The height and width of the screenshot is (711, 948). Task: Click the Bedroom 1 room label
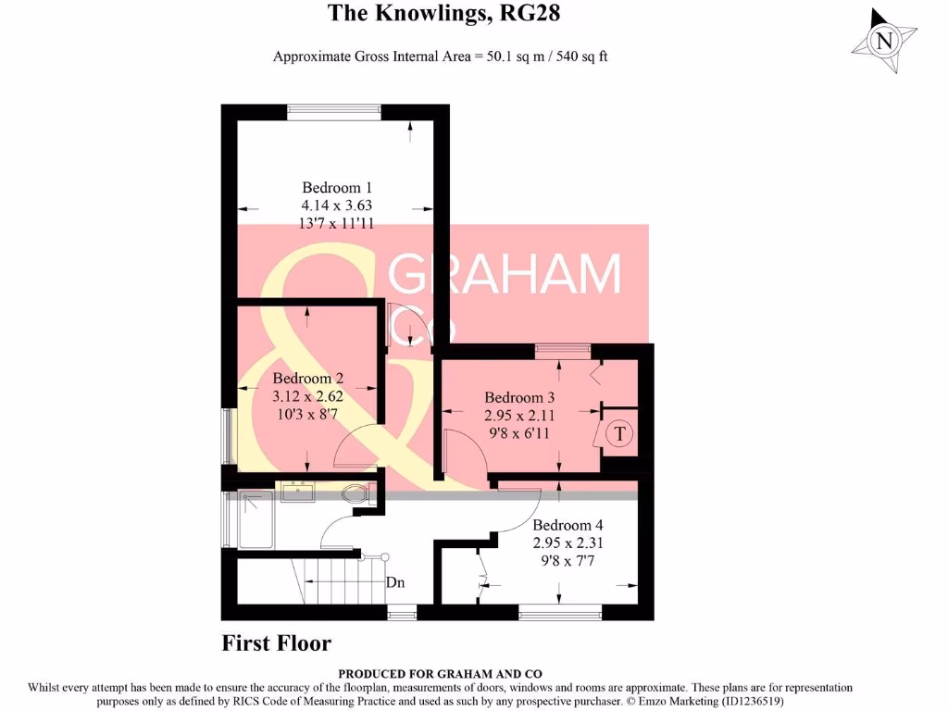(x=337, y=188)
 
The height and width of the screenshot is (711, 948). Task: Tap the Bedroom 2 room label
(x=308, y=379)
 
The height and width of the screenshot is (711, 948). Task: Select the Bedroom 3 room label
(x=519, y=398)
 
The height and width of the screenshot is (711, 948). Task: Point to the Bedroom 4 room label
(x=568, y=524)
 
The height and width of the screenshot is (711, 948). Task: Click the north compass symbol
(x=885, y=41)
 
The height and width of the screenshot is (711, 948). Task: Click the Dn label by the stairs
(x=396, y=583)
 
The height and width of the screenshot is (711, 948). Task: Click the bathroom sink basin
(x=296, y=493)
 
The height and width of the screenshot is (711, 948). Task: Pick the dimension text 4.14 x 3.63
(x=337, y=206)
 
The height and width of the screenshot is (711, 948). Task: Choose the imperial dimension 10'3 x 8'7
(x=308, y=414)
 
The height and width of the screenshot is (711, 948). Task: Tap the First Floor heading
(x=276, y=643)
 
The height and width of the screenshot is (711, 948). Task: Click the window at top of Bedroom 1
(x=333, y=112)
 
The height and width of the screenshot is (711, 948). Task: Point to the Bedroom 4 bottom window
(x=560, y=612)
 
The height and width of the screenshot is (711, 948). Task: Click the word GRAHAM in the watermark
(x=505, y=274)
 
